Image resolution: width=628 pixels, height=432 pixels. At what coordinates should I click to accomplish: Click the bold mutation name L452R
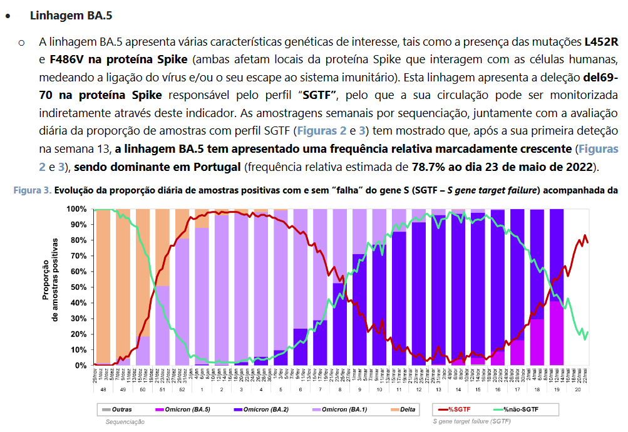(x=601, y=43)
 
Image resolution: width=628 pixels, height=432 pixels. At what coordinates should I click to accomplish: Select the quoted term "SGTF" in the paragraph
(x=320, y=95)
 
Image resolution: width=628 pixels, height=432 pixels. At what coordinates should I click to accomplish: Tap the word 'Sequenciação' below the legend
(x=125, y=422)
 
